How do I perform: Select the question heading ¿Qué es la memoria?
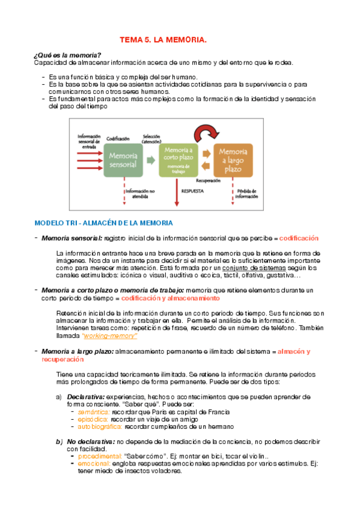tap(67, 55)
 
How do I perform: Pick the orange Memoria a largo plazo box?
tap(233, 159)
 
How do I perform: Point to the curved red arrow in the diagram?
tap(206, 132)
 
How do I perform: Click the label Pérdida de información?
tap(246, 194)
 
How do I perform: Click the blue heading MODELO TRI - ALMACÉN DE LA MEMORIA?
tap(103, 223)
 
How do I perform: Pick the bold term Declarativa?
tap(86, 397)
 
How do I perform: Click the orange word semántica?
tap(93, 412)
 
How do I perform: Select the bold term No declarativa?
tap(90, 441)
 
